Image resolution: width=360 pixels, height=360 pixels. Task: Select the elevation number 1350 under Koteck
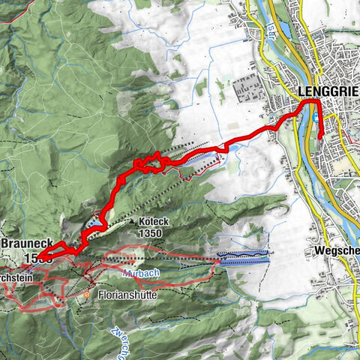[151, 233]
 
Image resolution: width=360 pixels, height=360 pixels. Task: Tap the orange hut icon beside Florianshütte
[87, 295]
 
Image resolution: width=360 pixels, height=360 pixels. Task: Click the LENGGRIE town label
[328, 91]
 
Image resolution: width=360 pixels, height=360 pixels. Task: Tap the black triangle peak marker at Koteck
[132, 222]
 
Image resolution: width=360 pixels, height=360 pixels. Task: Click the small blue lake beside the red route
[94, 223]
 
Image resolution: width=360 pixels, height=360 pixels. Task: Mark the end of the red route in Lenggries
[321, 137]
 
